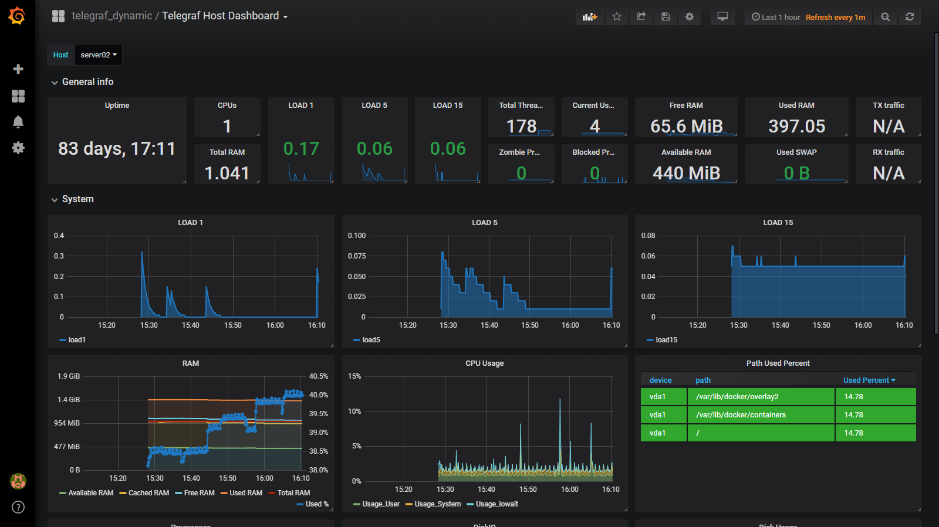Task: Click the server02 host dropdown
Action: (99, 55)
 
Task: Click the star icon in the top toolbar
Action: (616, 16)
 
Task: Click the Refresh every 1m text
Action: (835, 18)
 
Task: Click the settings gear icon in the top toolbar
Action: (690, 16)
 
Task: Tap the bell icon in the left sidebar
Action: (18, 122)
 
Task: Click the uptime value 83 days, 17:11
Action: (117, 149)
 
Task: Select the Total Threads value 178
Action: (521, 127)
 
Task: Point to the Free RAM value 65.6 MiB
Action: (686, 127)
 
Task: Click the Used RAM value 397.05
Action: (796, 127)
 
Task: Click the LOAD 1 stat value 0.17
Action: (301, 149)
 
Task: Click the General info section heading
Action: (87, 82)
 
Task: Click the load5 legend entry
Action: (370, 340)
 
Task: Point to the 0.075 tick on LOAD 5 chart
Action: (356, 256)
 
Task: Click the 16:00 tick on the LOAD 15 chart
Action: (863, 325)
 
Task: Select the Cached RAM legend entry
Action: (148, 493)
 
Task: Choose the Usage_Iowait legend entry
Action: (496, 504)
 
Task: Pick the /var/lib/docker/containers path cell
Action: (741, 415)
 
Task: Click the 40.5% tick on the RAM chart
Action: (318, 376)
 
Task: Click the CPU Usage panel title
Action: (484, 363)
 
